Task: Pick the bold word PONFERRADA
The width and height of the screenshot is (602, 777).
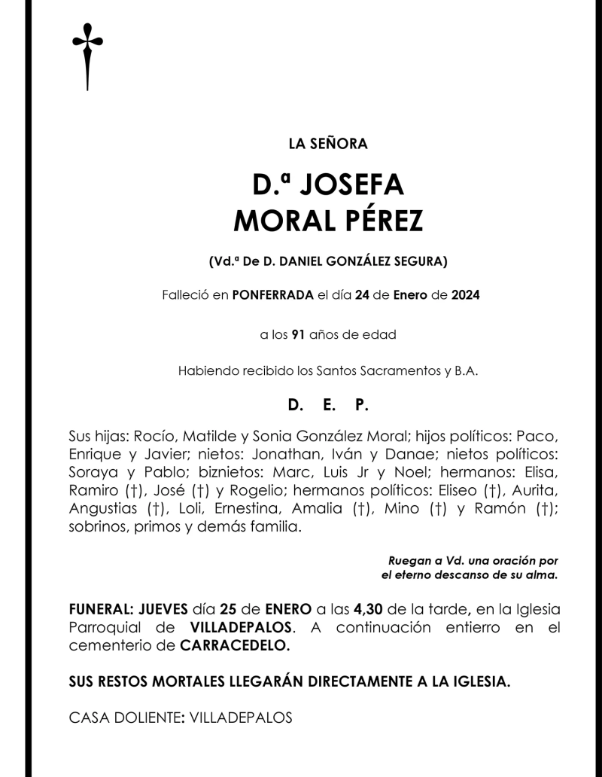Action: (272, 295)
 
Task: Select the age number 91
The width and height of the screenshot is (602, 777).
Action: (297, 334)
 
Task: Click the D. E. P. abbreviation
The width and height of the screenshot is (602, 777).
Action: (328, 405)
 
